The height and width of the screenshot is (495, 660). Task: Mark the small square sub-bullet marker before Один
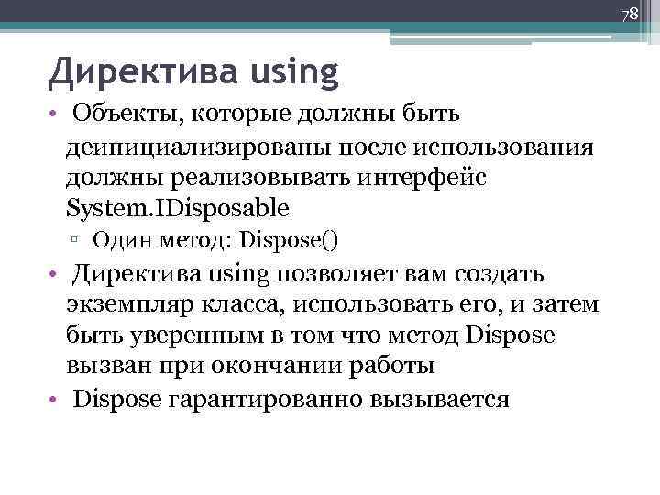point(81,241)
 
